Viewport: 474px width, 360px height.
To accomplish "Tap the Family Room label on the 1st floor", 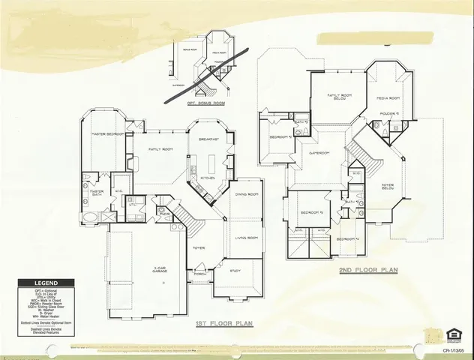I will (x=161, y=149).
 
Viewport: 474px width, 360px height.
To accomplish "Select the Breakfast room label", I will (x=208, y=139).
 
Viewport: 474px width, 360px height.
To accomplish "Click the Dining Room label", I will (x=247, y=194).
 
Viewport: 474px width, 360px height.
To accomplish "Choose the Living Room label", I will (x=247, y=238).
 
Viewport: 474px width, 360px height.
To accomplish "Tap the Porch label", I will (x=200, y=274).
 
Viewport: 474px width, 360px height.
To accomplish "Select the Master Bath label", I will (x=97, y=193).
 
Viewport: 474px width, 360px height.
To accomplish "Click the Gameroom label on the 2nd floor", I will (x=320, y=152).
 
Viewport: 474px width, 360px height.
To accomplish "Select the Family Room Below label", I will (x=340, y=97).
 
